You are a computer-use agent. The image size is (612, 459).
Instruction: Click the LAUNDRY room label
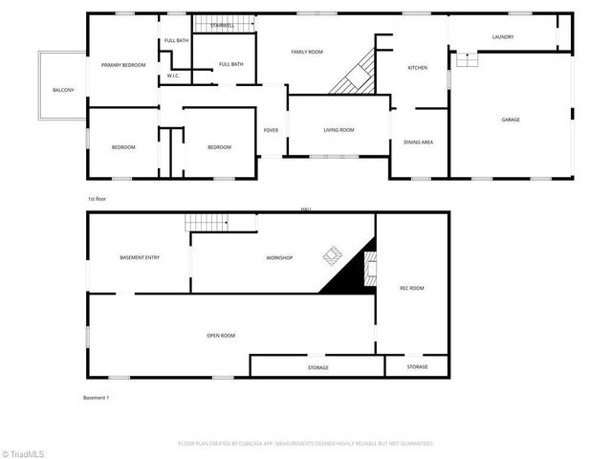pyautogui.click(x=503, y=37)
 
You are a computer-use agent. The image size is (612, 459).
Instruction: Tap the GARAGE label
pyautogui.click(x=511, y=120)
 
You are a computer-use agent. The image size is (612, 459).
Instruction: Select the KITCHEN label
pyautogui.click(x=417, y=68)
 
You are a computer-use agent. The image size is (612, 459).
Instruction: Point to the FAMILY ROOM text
pyautogui.click(x=307, y=52)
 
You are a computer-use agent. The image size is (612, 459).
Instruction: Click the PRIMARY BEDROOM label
pyautogui.click(x=123, y=65)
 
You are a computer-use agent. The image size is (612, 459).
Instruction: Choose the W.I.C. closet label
pyautogui.click(x=173, y=76)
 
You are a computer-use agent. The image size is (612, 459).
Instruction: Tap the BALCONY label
pyautogui.click(x=63, y=90)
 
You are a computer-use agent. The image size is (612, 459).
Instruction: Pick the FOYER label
pyautogui.click(x=271, y=130)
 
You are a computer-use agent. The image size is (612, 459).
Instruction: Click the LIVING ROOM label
pyautogui.click(x=339, y=130)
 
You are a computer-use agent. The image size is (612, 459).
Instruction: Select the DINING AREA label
pyautogui.click(x=418, y=142)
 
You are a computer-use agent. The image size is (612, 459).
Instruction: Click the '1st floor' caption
pyautogui.click(x=97, y=199)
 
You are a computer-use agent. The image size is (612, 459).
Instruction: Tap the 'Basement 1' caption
pyautogui.click(x=97, y=397)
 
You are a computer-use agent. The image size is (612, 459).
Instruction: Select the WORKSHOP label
pyautogui.click(x=279, y=258)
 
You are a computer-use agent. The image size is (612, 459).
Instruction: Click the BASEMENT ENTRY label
pyautogui.click(x=140, y=258)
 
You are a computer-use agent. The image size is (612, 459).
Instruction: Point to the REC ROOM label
pyautogui.click(x=411, y=288)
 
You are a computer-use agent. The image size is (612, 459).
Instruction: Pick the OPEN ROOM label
pyautogui.click(x=221, y=336)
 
